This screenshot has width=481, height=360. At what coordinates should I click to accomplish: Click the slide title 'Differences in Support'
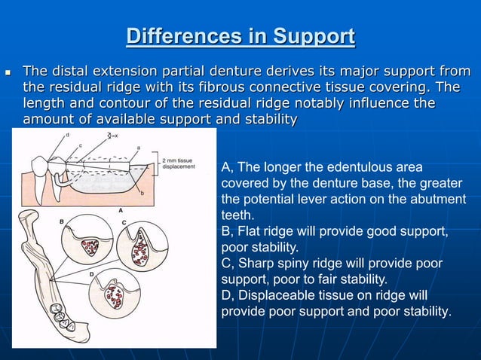(x=240, y=36)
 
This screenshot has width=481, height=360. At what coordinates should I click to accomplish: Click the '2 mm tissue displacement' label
(x=179, y=164)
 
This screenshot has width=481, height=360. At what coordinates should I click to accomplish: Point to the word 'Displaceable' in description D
(x=276, y=294)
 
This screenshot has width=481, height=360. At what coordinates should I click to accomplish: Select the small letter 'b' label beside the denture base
(x=141, y=194)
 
